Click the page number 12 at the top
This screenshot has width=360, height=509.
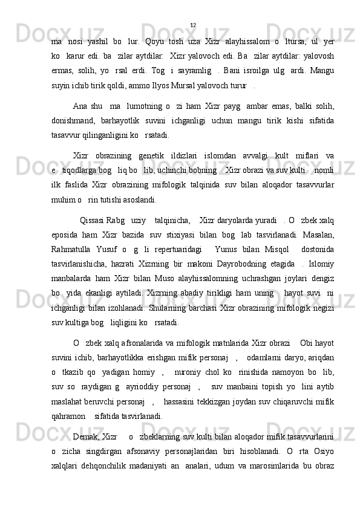tap(192, 25)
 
